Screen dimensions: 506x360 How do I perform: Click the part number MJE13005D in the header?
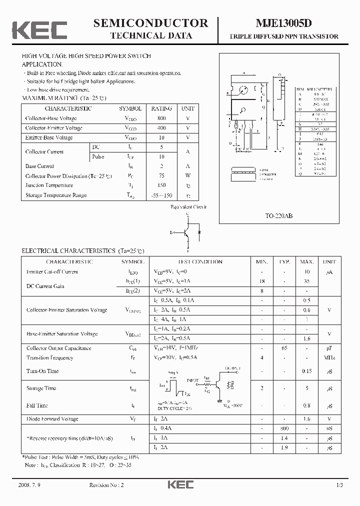[283, 23]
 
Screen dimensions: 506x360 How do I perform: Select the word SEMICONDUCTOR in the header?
[150, 23]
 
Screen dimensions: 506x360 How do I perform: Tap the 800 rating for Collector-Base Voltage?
[161, 118]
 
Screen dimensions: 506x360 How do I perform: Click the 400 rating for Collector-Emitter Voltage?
[161, 128]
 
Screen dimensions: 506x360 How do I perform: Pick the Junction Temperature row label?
[49, 185]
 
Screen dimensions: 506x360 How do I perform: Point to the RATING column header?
[161, 108]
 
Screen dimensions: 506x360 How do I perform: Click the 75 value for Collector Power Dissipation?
[161, 176]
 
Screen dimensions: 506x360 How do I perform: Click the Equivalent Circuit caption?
[188, 206]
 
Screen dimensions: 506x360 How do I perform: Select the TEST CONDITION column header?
[200, 261]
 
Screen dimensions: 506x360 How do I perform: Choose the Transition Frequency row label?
[49, 358]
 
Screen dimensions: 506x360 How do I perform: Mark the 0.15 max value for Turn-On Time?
[307, 371]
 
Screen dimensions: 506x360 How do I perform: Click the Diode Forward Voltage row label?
[52, 419]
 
